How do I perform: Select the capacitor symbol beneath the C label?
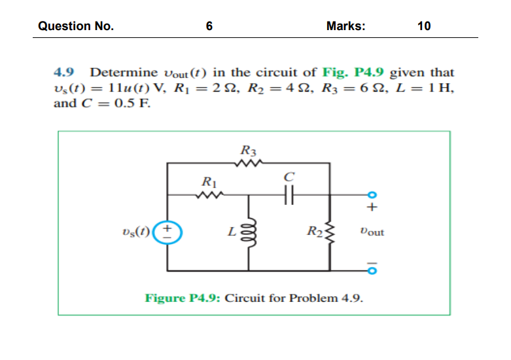pyautogui.click(x=289, y=194)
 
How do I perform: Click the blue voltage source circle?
pyautogui.click(x=167, y=231)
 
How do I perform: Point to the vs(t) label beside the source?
pyautogui.click(x=135, y=231)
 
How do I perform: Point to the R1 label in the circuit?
pyautogui.click(x=207, y=181)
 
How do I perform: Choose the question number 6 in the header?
pyautogui.click(x=209, y=26)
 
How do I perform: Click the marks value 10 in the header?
pyautogui.click(x=423, y=26)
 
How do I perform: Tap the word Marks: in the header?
pyautogui.click(x=345, y=26)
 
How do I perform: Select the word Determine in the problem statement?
pyautogui.click(x=124, y=72)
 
